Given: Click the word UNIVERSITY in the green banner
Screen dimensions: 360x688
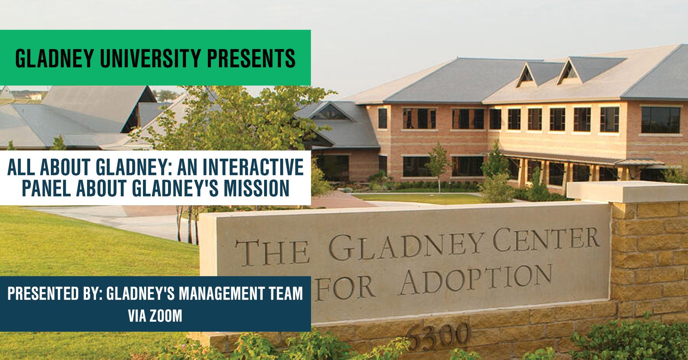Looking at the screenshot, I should pos(150,58).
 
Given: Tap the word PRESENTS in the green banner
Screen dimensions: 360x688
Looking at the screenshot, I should pos(251,58).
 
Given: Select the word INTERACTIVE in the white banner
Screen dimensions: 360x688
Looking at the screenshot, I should pos(253,167).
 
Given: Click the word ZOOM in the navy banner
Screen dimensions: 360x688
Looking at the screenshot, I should pos(166,316).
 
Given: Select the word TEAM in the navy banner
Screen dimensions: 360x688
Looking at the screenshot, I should pos(286,294).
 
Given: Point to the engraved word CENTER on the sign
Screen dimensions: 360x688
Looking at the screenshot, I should pos(546,239).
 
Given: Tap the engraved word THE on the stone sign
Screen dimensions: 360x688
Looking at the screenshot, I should pos(273,252).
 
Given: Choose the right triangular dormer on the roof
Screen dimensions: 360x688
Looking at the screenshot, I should pos(569,72).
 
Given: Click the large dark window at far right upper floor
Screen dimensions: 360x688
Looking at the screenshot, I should pos(660,120).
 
